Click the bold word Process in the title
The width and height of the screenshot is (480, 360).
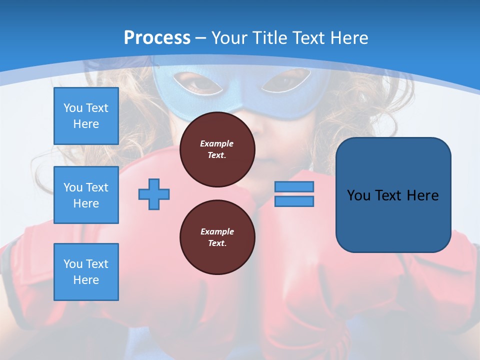[x=157, y=38]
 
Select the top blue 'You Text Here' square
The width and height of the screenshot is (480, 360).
[x=86, y=116]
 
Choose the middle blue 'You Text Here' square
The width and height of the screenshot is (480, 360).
[x=86, y=195]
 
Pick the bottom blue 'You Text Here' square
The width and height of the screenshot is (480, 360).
[x=86, y=272]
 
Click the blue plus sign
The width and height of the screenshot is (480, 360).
[x=154, y=194]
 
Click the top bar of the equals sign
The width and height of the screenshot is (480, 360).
[x=294, y=186]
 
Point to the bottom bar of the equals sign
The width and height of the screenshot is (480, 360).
[x=294, y=201]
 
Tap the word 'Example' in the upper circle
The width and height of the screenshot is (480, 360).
[x=217, y=143]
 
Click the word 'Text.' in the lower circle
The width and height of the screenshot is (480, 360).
[x=217, y=243]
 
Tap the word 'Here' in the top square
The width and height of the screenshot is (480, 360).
[x=86, y=124]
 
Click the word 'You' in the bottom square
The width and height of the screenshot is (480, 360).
[x=73, y=264]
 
